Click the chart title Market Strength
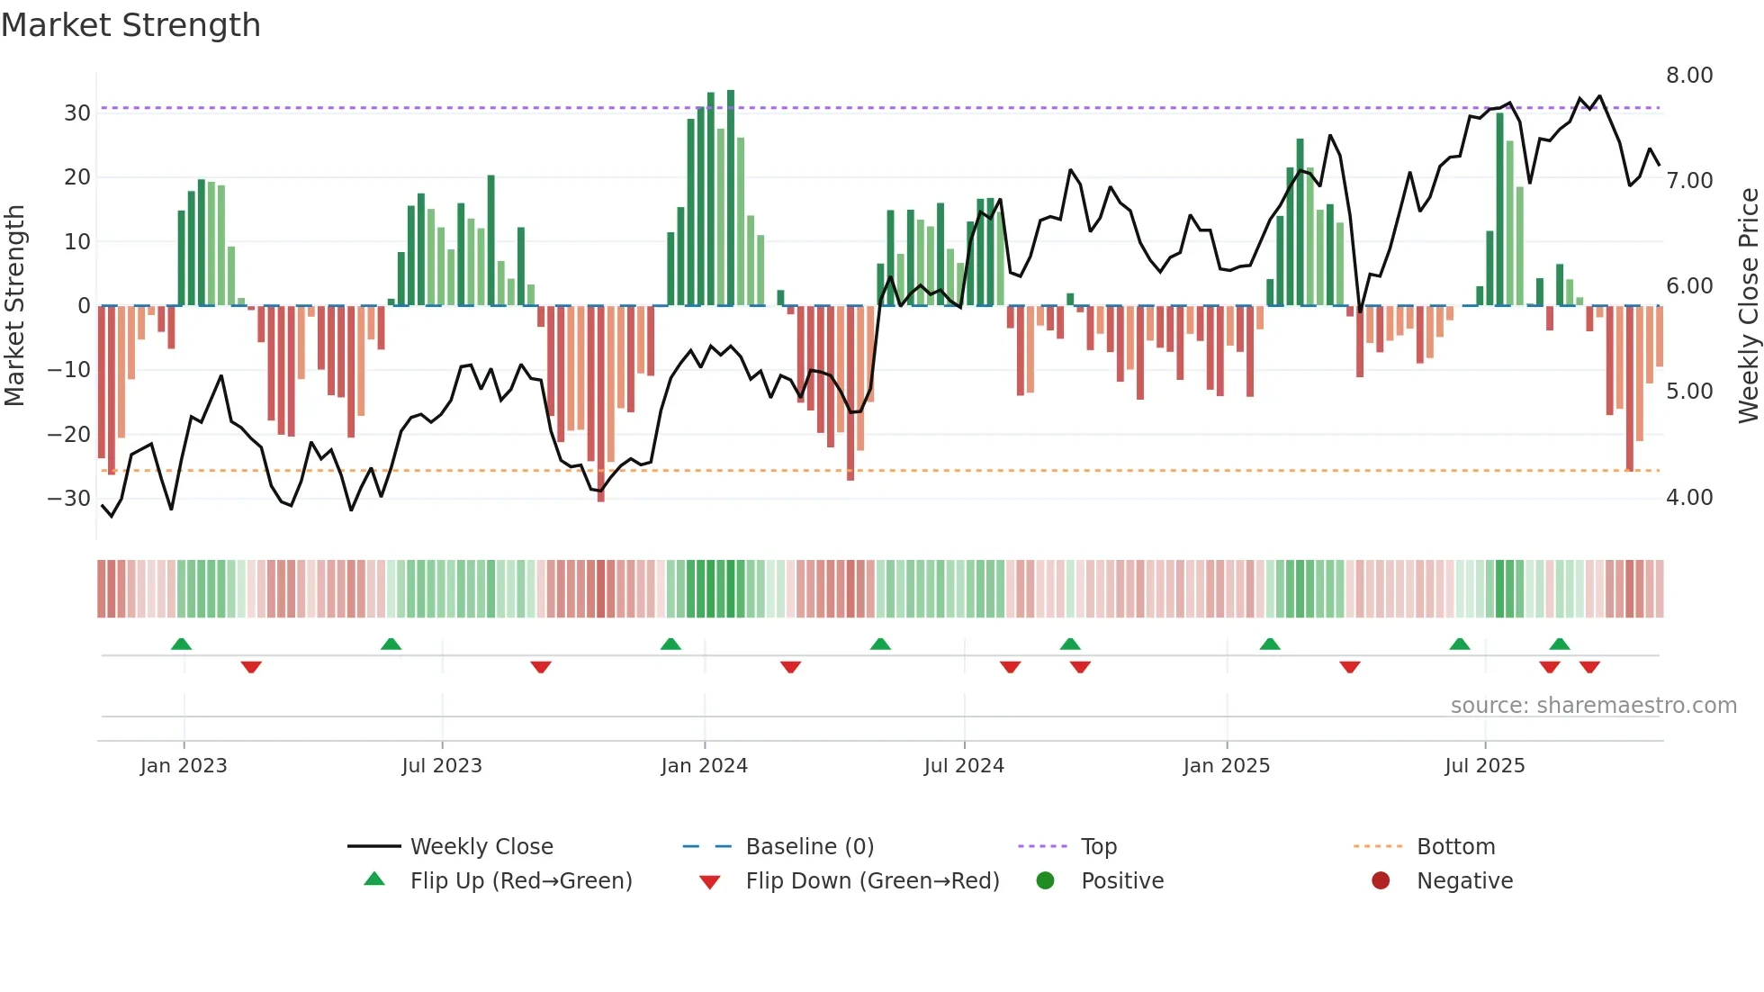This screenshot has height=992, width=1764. coord(130,25)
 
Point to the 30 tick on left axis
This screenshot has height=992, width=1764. coord(77,113)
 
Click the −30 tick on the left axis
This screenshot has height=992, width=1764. coord(69,499)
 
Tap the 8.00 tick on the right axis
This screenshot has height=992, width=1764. coord(1688,76)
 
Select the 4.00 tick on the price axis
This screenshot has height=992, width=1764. coord(1688,498)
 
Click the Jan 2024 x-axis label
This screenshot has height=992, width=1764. coord(704,766)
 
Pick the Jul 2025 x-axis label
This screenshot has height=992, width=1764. coord(1484,766)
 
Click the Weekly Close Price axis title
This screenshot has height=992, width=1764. coord(1748,306)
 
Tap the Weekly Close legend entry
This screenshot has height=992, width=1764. coord(481,847)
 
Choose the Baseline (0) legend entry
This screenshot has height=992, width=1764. coord(809,847)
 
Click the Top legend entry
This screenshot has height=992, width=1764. coord(1098,847)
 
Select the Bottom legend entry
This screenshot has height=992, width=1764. coord(1455,847)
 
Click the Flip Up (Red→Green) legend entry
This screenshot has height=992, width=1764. coord(520,881)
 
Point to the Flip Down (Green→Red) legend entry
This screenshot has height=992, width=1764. coord(871,881)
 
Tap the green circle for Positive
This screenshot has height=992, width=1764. coord(1045,880)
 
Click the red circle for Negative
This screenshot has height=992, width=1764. coord(1381,880)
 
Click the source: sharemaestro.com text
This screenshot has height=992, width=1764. coord(1593,706)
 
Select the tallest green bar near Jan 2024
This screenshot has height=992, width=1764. coord(731,198)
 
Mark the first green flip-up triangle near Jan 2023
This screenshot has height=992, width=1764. coord(181,644)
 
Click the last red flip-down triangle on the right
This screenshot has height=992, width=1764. coord(1589,667)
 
